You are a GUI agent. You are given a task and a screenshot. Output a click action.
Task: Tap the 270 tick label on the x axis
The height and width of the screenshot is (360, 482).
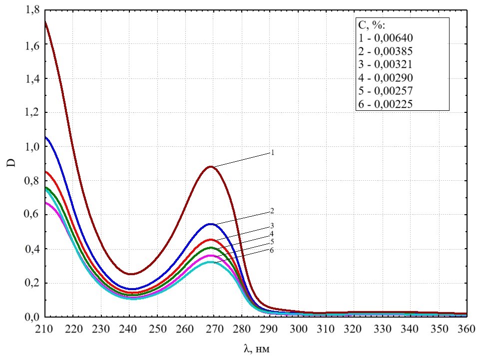point(214,330)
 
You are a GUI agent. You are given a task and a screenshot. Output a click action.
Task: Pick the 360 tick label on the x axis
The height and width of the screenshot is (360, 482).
point(467,330)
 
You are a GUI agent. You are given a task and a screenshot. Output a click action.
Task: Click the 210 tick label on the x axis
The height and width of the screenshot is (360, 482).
point(45,330)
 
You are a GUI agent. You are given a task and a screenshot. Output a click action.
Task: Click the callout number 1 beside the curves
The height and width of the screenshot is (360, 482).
point(273,153)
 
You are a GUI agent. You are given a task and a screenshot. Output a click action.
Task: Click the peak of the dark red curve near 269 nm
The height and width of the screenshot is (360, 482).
point(211,167)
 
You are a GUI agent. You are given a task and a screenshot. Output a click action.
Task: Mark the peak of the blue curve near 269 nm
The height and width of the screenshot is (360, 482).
point(211,224)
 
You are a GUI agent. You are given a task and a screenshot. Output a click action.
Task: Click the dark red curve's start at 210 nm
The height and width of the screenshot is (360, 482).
point(45,22)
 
